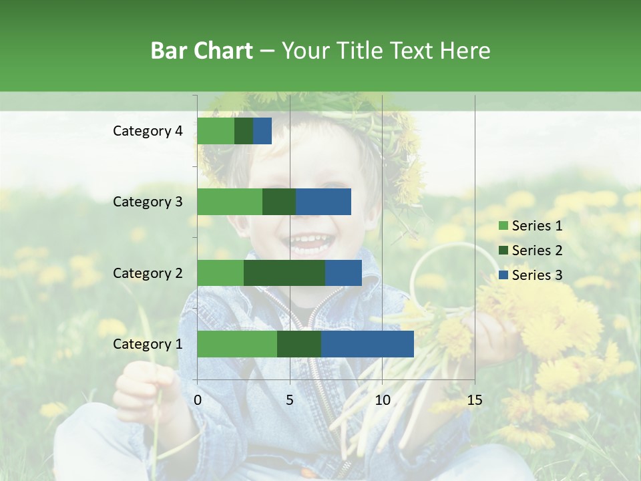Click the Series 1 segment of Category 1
236,344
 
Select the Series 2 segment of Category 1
298,344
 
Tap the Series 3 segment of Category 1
367,344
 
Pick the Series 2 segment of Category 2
284,273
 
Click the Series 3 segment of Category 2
343,273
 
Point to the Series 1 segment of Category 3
229,202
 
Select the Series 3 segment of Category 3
323,202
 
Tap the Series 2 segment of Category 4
243,131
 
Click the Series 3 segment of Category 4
262,131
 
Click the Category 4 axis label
148,131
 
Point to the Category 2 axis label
148,273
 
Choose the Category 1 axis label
148,344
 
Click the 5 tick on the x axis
290,400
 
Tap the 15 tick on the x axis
474,400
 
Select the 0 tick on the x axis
198,400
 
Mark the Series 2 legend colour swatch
503,251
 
